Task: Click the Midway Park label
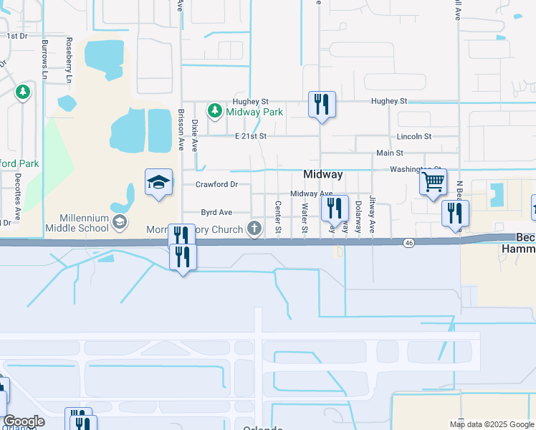(x=254, y=112)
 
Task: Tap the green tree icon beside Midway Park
(x=214, y=111)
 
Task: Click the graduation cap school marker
(x=158, y=183)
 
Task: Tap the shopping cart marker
(x=433, y=183)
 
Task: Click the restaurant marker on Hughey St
(x=322, y=105)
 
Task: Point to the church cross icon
(x=254, y=229)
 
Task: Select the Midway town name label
(x=323, y=174)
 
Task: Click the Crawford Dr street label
(x=216, y=184)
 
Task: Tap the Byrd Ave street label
(x=216, y=212)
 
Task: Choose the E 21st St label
(x=250, y=135)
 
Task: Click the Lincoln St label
(x=415, y=135)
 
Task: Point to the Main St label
(x=390, y=153)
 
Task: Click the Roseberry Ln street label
(x=69, y=60)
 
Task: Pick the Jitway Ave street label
(x=372, y=214)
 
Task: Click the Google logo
(x=24, y=422)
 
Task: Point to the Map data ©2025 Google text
(x=491, y=424)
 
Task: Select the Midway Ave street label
(x=311, y=194)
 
